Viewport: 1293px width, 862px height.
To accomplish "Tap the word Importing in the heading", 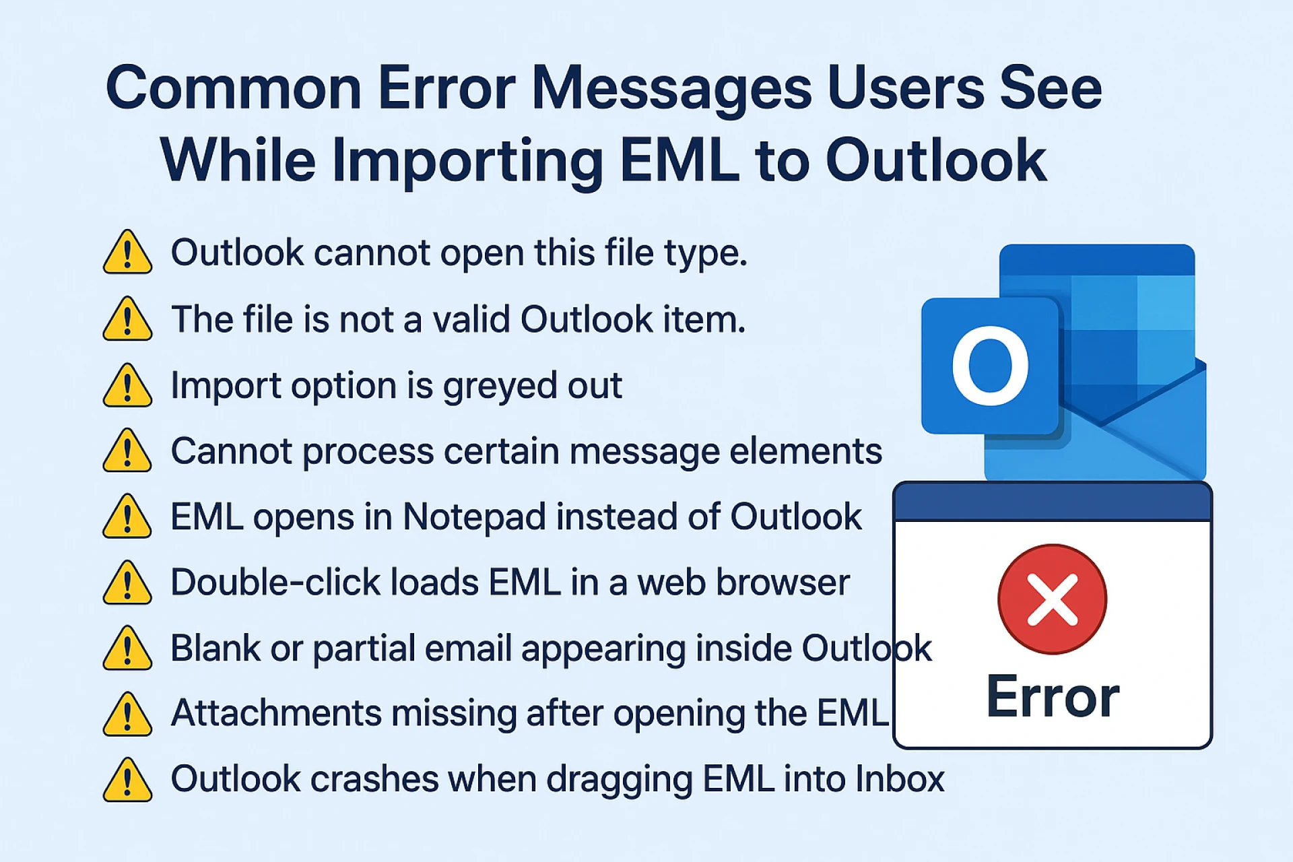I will (x=467, y=161).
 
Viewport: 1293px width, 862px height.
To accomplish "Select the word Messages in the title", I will (x=671, y=88).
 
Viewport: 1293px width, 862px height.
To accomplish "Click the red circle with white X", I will (x=1052, y=599).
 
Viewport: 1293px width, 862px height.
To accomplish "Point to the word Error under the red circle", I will (x=1053, y=697).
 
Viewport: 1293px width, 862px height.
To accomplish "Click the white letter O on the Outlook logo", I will (x=990, y=366).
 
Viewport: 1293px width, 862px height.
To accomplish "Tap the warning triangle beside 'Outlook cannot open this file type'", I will (x=127, y=253).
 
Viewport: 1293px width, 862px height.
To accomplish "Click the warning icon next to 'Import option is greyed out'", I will (x=127, y=386).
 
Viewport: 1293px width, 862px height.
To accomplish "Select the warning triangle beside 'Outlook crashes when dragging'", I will (x=127, y=780).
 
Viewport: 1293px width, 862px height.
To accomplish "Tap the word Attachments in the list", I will (x=276, y=713).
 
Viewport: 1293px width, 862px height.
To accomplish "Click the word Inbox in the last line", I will (x=900, y=779).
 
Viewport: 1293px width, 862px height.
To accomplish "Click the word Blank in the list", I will (x=215, y=648).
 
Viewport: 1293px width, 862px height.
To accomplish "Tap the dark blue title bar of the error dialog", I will (x=1052, y=502).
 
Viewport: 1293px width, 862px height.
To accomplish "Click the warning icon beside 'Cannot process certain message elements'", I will (x=127, y=451).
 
